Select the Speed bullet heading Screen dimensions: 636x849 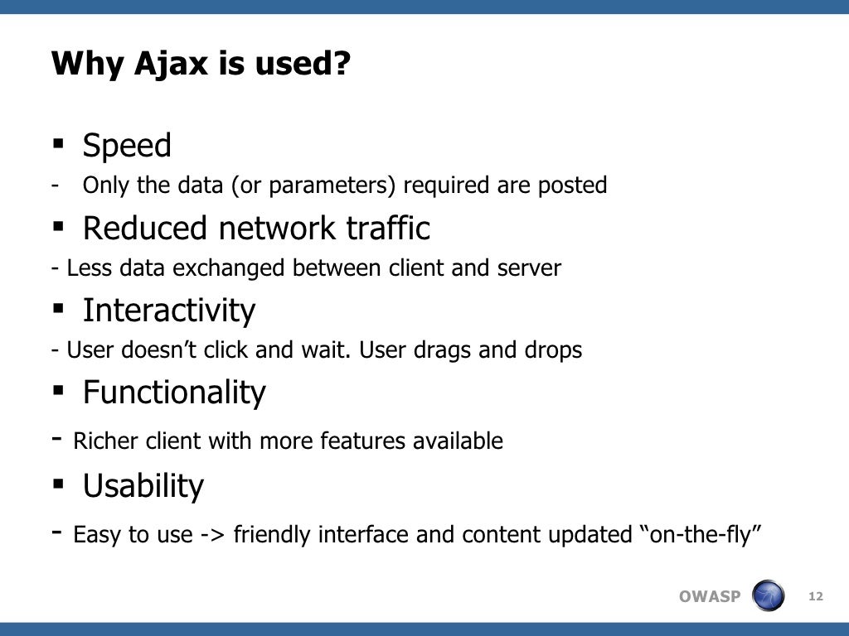[x=127, y=146]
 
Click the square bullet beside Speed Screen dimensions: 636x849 [x=58, y=143]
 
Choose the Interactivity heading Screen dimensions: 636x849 [x=169, y=311]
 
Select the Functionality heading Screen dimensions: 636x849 [x=174, y=392]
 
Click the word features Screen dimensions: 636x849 [x=339, y=441]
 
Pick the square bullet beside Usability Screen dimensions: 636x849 [x=58, y=483]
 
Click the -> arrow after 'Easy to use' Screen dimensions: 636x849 [x=212, y=536]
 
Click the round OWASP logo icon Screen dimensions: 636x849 [x=767, y=596]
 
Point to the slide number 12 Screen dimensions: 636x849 [x=815, y=596]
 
